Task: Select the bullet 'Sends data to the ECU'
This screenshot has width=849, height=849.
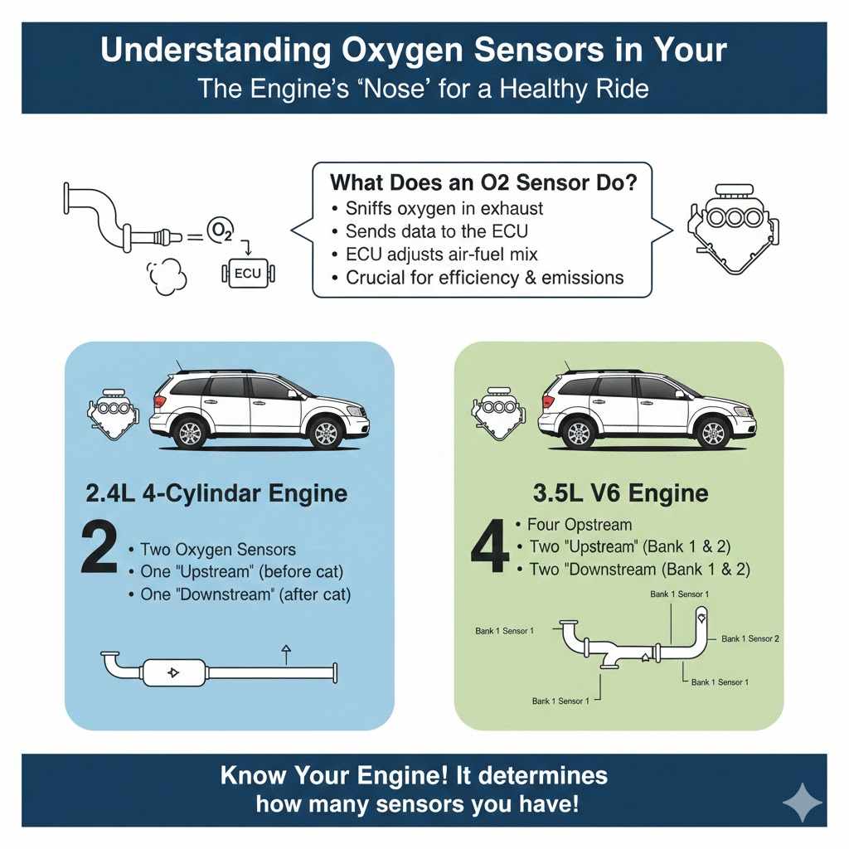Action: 436,230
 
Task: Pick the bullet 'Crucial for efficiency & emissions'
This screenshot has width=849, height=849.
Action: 484,277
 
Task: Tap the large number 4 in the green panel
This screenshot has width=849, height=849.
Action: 488,547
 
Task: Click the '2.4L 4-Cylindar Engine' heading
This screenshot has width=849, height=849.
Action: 217,493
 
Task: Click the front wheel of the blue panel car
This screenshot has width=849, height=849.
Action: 326,432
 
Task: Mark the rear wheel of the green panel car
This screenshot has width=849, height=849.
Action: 579,432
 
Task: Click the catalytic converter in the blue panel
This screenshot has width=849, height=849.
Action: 173,672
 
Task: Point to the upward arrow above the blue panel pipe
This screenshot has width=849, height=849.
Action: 286,653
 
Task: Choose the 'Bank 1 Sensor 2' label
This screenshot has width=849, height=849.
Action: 750,638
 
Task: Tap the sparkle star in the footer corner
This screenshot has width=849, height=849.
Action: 802,803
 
